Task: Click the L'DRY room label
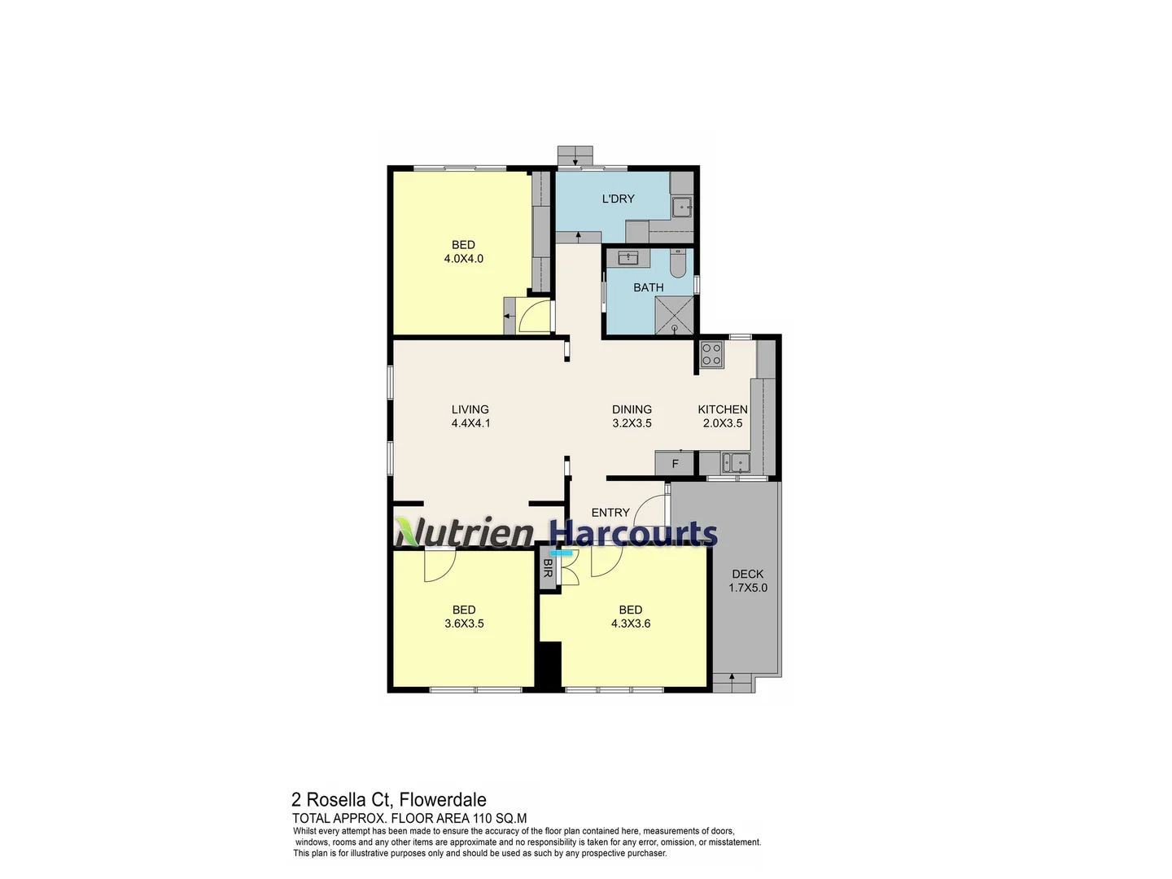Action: pyautogui.click(x=618, y=199)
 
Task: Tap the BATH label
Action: pyautogui.click(x=648, y=287)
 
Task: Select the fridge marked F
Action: pyautogui.click(x=675, y=463)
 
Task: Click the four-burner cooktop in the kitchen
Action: pyautogui.click(x=711, y=354)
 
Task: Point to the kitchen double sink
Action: pyautogui.click(x=735, y=463)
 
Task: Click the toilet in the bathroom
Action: pyautogui.click(x=679, y=263)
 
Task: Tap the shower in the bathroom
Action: pyautogui.click(x=674, y=315)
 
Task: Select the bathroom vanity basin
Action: pyautogui.click(x=628, y=258)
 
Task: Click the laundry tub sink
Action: pyautogui.click(x=682, y=207)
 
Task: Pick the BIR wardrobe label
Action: pyautogui.click(x=547, y=568)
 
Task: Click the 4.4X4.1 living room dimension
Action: pyautogui.click(x=470, y=423)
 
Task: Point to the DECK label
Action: pyautogui.click(x=747, y=574)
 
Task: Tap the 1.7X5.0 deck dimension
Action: pyautogui.click(x=747, y=588)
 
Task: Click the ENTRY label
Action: pyautogui.click(x=610, y=513)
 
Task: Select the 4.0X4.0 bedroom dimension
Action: pyautogui.click(x=463, y=259)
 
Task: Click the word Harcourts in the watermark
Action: pyautogui.click(x=633, y=532)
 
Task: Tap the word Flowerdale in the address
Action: pyautogui.click(x=443, y=799)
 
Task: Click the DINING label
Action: pyautogui.click(x=632, y=409)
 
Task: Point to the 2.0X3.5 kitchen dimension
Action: pyautogui.click(x=723, y=423)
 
